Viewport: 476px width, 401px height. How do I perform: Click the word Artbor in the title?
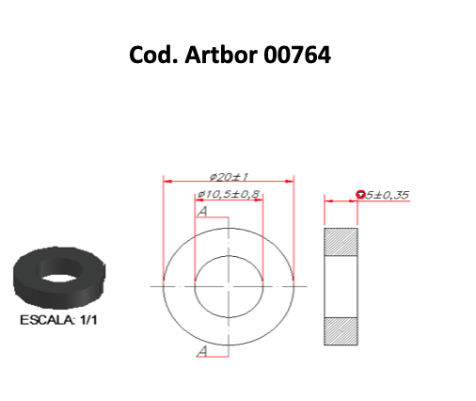pos(222,55)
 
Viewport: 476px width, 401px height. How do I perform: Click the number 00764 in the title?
pos(297,55)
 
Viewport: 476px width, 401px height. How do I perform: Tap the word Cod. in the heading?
pos(154,55)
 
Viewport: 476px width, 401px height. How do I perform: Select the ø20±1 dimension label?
pos(229,177)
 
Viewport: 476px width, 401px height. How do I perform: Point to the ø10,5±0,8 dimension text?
pos(229,194)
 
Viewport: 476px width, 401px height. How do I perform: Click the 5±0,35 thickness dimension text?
pos(388,195)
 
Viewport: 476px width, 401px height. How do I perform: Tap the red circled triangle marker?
pos(361,195)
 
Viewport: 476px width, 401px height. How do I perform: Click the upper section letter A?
pos(202,212)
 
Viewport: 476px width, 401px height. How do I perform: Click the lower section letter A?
pos(202,351)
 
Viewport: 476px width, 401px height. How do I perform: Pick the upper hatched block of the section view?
pos(341,242)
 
